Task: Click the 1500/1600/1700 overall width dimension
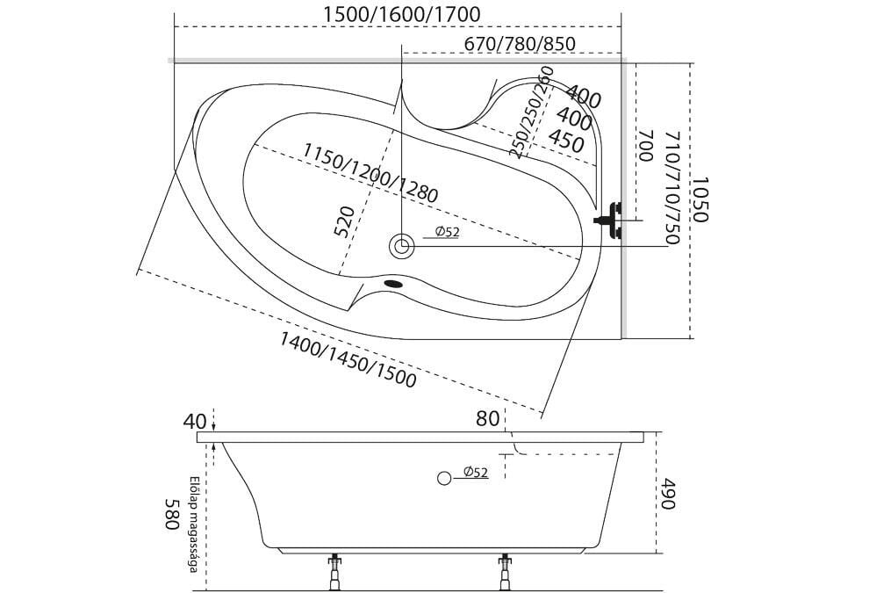[x=401, y=14]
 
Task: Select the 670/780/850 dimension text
[x=520, y=43]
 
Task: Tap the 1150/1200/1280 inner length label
[x=370, y=172]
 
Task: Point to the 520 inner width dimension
[x=345, y=221]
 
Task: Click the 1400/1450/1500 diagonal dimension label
[x=348, y=359]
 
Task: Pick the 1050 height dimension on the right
[x=700, y=199]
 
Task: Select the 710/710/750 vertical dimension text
[x=671, y=188]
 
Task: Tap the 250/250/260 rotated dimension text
[x=531, y=112]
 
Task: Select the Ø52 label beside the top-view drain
[x=448, y=231]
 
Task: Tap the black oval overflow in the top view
[x=394, y=284]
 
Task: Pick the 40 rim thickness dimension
[x=195, y=421]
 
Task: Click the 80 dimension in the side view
[x=488, y=419]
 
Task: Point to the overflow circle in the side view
[x=444, y=478]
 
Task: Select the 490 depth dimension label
[x=668, y=495]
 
